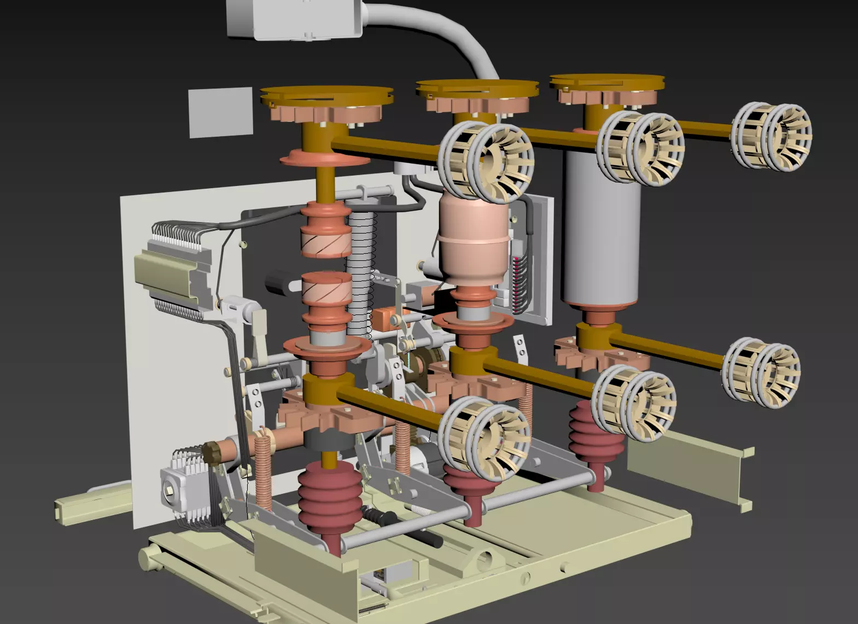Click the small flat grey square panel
pyautogui.click(x=220, y=112)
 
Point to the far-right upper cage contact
pyautogui.click(x=772, y=137)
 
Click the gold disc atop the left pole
pyautogui.click(x=326, y=95)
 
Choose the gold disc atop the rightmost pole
pyautogui.click(x=607, y=82)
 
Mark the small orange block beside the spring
pyautogui.click(x=383, y=319)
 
